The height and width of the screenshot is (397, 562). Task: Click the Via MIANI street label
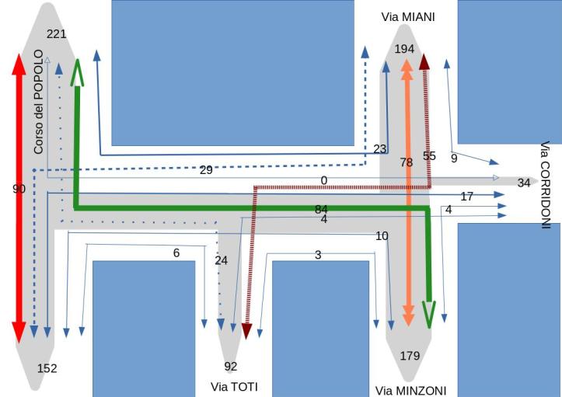click(408, 16)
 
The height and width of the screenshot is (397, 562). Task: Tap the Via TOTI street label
click(234, 386)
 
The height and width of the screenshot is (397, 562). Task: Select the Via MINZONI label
click(411, 390)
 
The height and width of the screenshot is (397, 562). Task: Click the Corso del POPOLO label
click(39, 102)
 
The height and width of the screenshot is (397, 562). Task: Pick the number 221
click(57, 33)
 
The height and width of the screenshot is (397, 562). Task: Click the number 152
click(47, 368)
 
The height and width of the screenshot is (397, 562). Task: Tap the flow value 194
click(404, 49)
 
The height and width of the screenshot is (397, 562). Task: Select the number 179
click(410, 356)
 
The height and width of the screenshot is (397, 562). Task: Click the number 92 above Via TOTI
click(231, 366)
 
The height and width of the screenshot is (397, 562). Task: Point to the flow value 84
click(321, 209)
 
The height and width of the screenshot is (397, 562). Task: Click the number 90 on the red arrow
click(19, 189)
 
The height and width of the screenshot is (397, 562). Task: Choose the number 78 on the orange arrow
click(406, 162)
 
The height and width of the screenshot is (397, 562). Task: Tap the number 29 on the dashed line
click(206, 169)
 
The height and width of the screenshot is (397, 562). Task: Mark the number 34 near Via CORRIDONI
click(524, 183)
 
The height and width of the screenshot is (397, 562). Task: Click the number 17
click(466, 197)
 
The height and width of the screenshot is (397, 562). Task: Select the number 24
click(222, 260)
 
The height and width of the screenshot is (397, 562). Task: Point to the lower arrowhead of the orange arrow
click(407, 317)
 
